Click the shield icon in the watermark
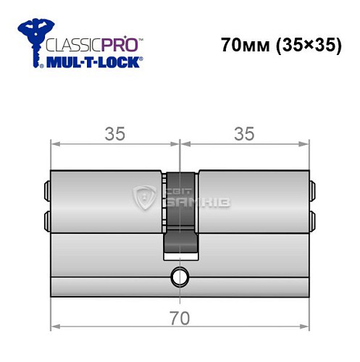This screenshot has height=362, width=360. (146, 197)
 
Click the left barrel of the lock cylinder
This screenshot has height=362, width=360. (106, 203)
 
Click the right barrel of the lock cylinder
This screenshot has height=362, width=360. (254, 203)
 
